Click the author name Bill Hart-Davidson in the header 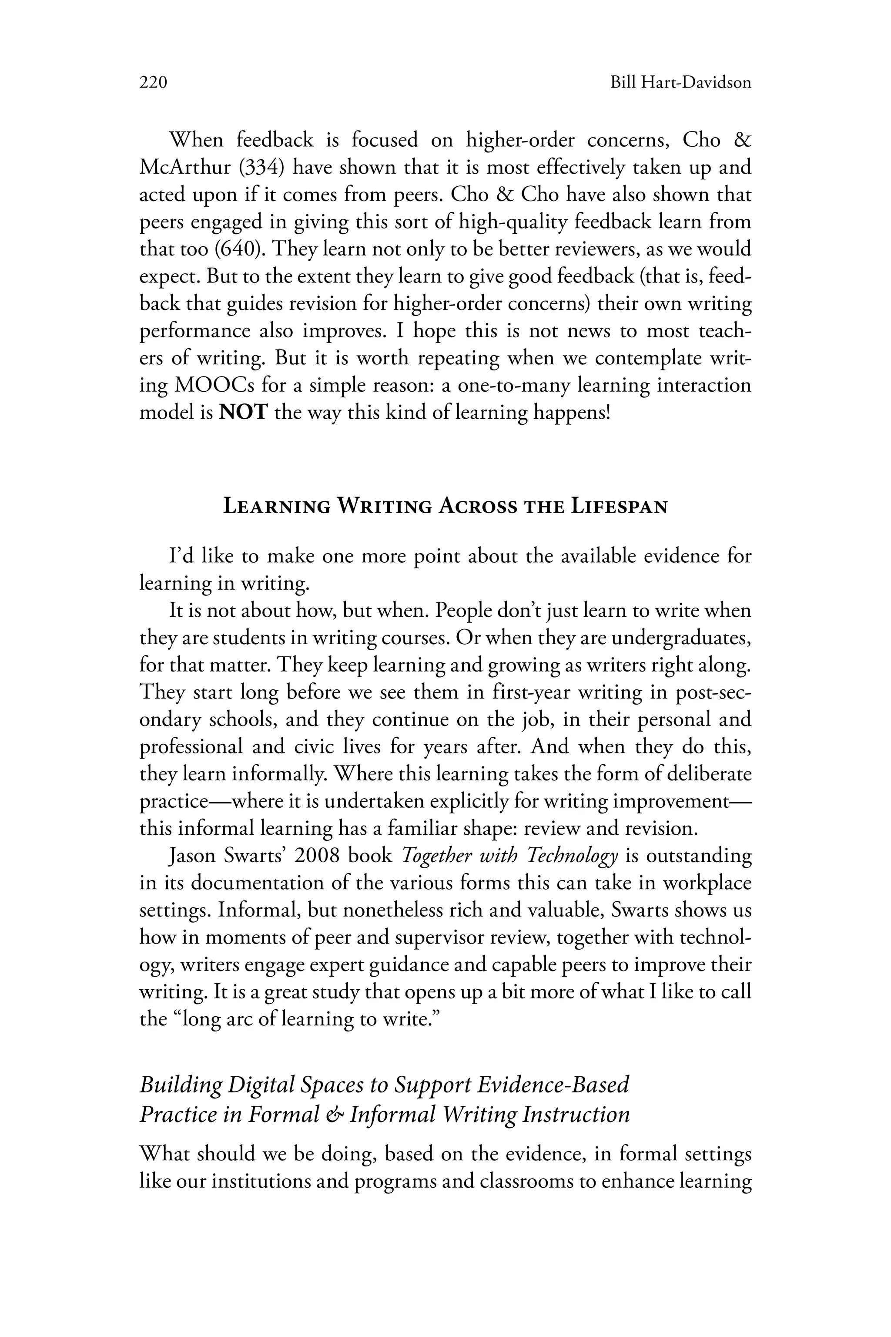click(680, 83)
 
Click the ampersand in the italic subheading click(336, 1115)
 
